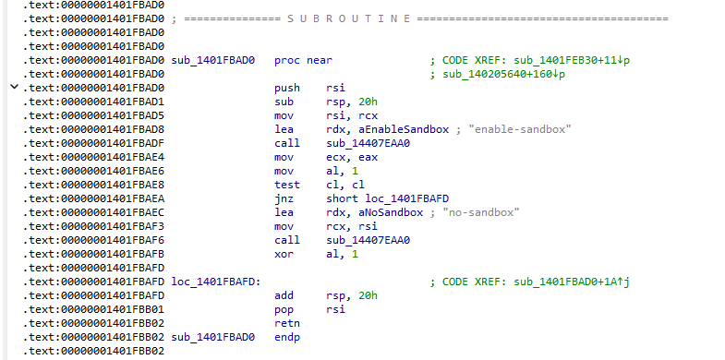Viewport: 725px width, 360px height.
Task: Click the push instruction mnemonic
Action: point(286,88)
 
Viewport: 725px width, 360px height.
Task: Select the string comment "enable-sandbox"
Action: point(520,129)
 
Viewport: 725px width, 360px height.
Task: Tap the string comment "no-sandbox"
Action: point(481,212)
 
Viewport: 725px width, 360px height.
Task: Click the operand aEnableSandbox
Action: point(388,129)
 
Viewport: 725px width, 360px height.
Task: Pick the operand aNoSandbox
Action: point(375,212)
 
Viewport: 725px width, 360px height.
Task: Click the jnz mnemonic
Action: point(284,198)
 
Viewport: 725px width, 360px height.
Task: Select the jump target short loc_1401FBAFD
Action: point(388,198)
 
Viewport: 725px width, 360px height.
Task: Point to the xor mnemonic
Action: point(284,254)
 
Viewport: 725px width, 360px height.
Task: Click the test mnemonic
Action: point(286,185)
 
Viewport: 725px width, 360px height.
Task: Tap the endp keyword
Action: point(286,337)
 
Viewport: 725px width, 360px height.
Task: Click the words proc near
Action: point(303,61)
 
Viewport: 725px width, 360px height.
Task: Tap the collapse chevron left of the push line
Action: point(15,87)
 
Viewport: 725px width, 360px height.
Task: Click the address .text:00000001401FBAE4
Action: point(93,157)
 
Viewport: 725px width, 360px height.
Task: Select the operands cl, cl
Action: point(344,185)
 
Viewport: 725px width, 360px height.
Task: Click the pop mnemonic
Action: point(284,309)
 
